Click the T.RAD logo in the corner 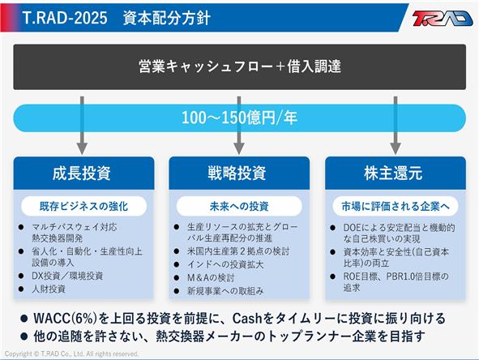(442, 19)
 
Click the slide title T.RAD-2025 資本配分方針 (117, 18)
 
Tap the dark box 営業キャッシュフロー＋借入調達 (240, 67)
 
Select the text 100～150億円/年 (240, 118)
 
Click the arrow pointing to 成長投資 (82, 126)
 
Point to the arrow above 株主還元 (396, 126)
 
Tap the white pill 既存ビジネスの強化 (83, 206)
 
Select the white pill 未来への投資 (239, 206)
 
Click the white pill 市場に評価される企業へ (396, 206)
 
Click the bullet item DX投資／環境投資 (67, 276)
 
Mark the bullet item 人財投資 (49, 289)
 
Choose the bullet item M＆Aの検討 (211, 277)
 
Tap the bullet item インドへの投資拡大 (225, 264)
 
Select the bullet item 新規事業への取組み (225, 291)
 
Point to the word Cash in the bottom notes (247, 319)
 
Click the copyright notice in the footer (71, 354)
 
